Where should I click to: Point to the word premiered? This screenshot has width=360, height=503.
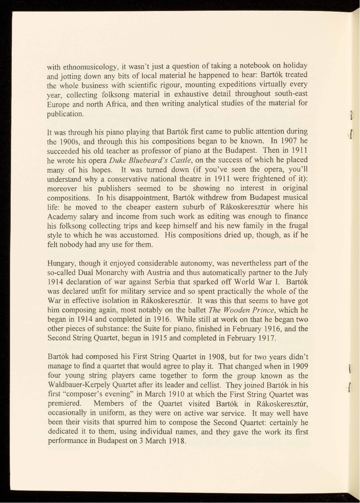[64, 404]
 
